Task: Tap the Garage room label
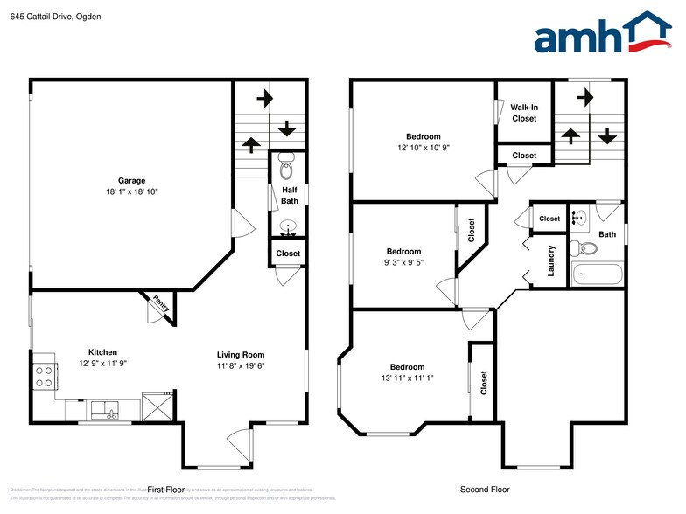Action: click(132, 181)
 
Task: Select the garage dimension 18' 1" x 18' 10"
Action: click(132, 191)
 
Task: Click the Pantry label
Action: click(162, 304)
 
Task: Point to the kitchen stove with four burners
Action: click(43, 377)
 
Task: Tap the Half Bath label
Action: click(288, 195)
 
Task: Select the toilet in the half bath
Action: click(287, 163)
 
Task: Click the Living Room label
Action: click(241, 354)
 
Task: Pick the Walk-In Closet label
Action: click(524, 113)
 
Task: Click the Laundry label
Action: click(551, 260)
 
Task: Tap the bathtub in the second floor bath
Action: click(597, 274)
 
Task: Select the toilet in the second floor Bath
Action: click(587, 248)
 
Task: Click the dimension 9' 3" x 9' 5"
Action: click(403, 261)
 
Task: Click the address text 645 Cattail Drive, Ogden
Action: click(51, 16)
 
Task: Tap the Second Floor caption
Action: click(485, 490)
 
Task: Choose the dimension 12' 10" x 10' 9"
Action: click(423, 148)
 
